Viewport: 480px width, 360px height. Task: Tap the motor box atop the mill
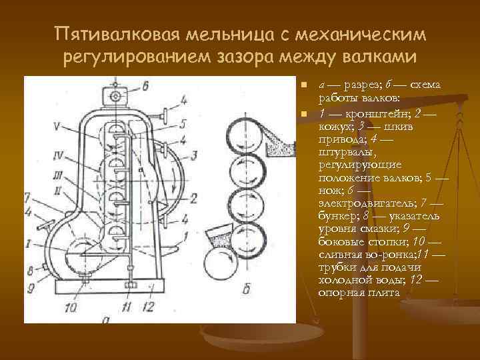coord(117,96)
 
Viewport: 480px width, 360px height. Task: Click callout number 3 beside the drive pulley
coord(193,155)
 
